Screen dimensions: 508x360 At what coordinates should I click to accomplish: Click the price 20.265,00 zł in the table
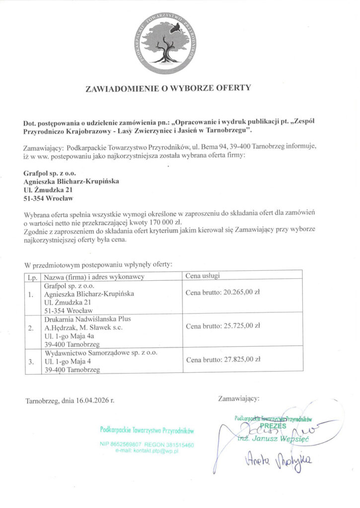[241, 292]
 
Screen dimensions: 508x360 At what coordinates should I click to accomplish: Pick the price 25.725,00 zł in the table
[241, 326]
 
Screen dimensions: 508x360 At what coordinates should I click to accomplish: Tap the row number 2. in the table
[31, 328]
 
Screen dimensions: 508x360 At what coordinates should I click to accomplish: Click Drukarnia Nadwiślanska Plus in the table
[84, 318]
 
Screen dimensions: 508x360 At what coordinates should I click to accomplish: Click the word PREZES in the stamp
[273, 426]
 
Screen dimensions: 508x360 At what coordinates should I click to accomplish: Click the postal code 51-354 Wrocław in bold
[48, 198]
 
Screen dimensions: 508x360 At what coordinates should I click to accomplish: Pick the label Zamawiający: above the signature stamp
[238, 397]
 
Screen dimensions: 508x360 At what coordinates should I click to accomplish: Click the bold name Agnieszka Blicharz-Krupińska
[71, 182]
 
